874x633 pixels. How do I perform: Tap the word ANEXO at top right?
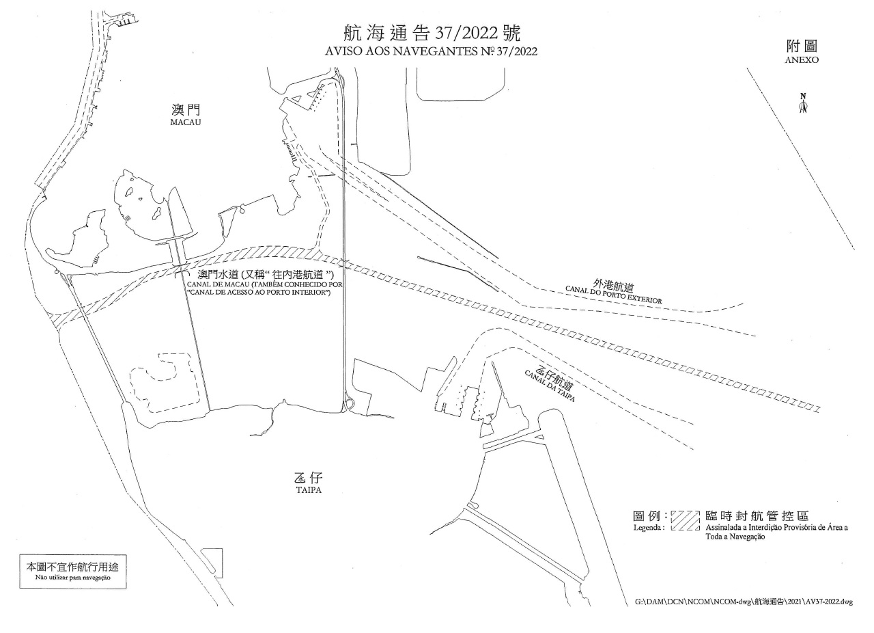click(x=802, y=60)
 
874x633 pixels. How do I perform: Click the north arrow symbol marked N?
click(x=804, y=105)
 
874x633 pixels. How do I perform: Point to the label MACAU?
click(x=184, y=122)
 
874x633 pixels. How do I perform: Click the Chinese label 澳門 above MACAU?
click(x=185, y=110)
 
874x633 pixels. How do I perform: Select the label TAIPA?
click(x=309, y=491)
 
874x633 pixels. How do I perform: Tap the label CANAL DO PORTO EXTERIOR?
click(x=613, y=295)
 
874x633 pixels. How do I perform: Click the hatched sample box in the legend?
click(x=686, y=521)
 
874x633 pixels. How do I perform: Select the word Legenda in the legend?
click(x=649, y=528)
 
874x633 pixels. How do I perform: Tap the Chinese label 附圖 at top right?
click(x=802, y=46)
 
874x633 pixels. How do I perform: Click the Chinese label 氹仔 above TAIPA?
click(x=309, y=479)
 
